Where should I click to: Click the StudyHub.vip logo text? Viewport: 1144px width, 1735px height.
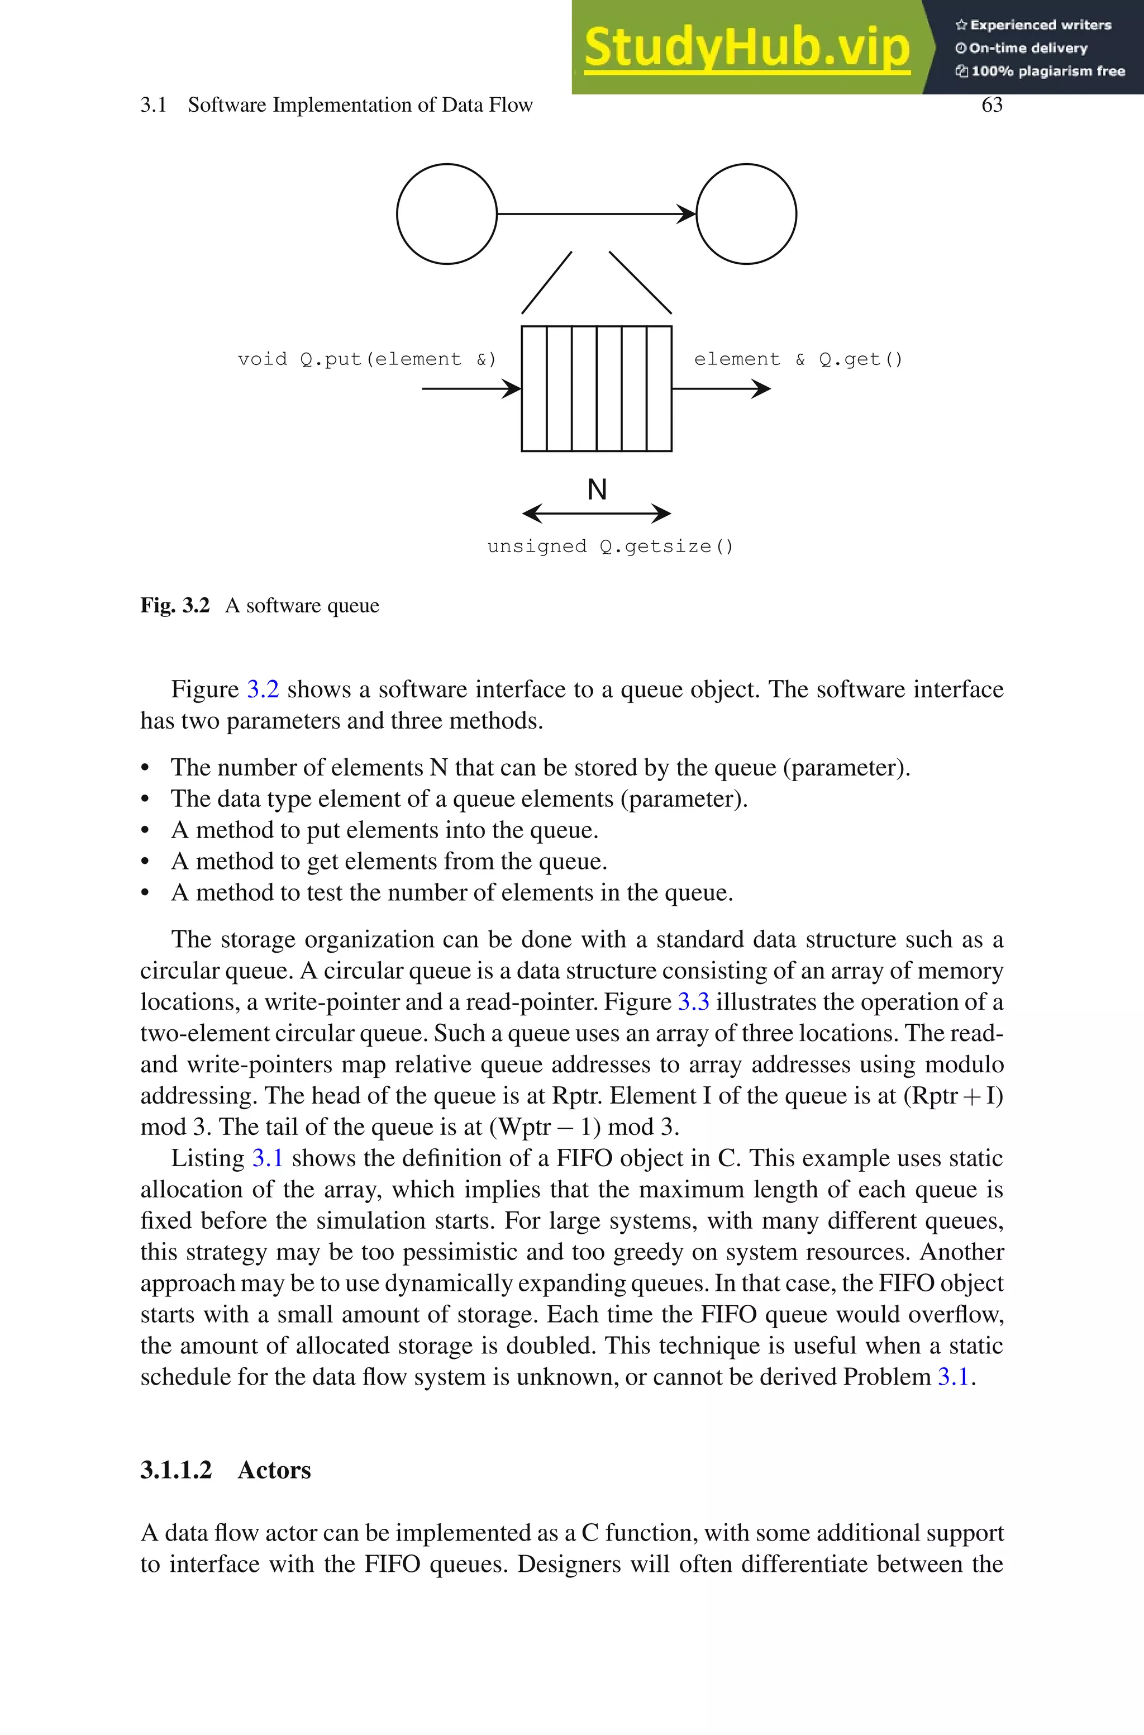[746, 47]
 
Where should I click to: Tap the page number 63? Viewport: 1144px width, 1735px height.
[992, 105]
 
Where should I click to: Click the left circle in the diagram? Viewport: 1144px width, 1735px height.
[446, 214]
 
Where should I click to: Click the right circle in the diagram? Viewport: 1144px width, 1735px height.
[746, 214]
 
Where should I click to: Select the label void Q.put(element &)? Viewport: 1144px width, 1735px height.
[367, 359]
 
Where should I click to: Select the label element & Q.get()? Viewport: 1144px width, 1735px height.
[798, 359]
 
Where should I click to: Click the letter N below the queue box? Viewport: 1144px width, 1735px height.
[597, 489]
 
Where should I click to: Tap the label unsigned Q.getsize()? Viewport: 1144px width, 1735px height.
[610, 546]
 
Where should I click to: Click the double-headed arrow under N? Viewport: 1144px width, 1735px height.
[597, 514]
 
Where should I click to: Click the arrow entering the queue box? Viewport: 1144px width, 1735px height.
[471, 388]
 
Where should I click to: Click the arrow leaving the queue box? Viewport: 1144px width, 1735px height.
[721, 388]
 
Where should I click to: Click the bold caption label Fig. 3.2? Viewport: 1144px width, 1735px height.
[175, 606]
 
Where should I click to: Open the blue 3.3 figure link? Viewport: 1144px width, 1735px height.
[693, 1002]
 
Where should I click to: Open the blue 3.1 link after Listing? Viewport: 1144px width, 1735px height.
[267, 1158]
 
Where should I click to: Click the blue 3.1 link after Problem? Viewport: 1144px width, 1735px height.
[953, 1377]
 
